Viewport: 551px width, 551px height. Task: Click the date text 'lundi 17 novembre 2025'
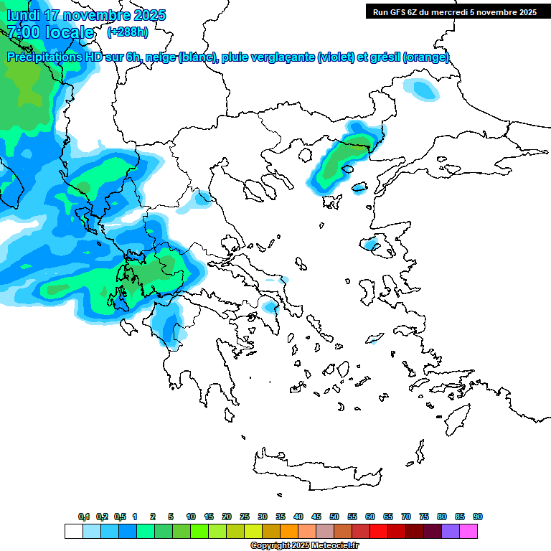coord(86,15)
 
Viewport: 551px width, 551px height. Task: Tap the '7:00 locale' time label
coord(50,32)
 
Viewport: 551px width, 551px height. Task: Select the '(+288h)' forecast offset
coord(128,32)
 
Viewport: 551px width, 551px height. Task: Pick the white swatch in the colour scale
coord(73,531)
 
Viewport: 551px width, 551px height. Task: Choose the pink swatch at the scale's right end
coord(468,531)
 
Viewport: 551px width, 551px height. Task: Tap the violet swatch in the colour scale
coord(451,531)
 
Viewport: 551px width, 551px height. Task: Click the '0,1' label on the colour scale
coord(84,517)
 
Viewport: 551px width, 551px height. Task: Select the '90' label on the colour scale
coord(478,517)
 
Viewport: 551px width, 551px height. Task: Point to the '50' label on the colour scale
coord(334,517)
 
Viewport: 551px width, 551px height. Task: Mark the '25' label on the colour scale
coord(245,517)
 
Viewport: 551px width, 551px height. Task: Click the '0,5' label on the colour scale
coord(120,517)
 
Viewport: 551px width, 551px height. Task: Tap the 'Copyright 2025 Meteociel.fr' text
coord(304,546)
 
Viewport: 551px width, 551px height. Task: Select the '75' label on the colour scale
coord(424,517)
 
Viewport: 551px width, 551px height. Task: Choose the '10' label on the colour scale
coord(191,517)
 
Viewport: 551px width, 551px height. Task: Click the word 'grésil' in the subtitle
coord(384,57)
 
